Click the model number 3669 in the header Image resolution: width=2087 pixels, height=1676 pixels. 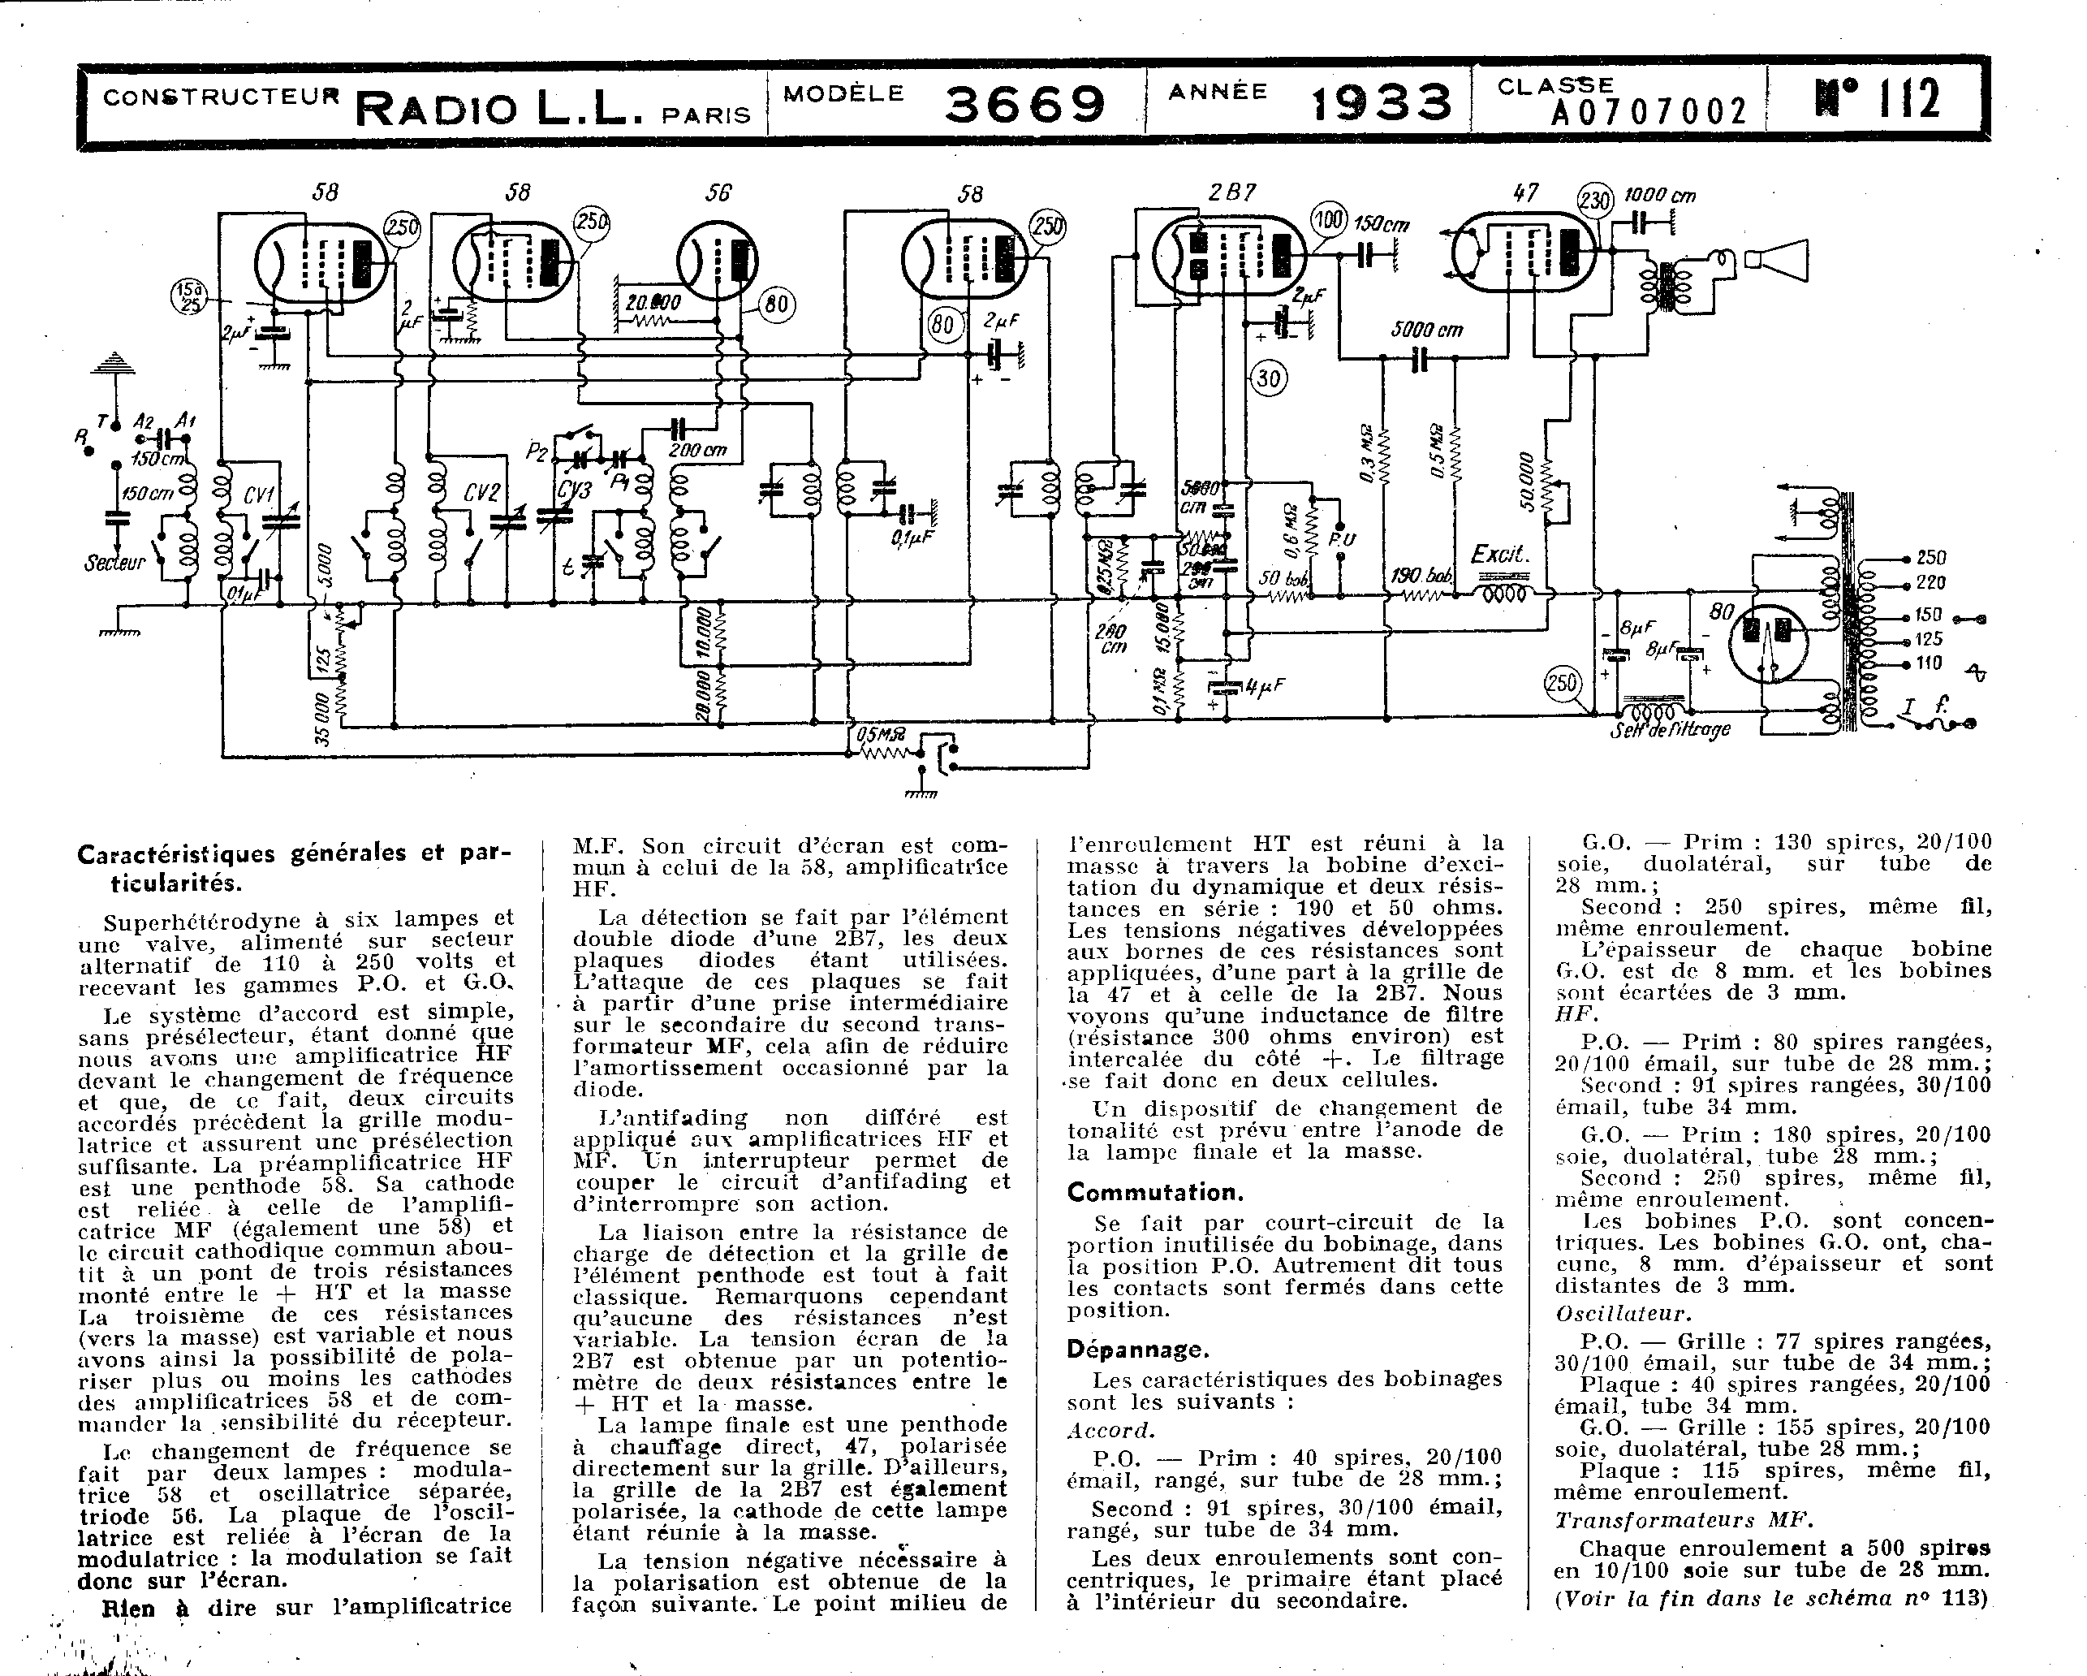[1024, 105]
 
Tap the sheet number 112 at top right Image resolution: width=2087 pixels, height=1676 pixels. [1877, 100]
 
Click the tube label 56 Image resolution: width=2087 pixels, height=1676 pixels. [718, 192]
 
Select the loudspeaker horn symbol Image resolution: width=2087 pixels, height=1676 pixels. [1776, 260]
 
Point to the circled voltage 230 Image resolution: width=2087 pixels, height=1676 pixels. [1595, 201]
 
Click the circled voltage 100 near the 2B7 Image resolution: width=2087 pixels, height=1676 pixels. [1328, 220]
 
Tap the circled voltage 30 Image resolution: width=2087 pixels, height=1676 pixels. [1268, 378]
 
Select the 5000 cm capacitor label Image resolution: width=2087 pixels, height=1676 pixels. [1427, 330]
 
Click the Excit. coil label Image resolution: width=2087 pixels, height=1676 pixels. [1500, 555]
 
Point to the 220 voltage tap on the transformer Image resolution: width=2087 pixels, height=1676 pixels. [1930, 583]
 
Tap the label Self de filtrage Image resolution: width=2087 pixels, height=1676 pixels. [1670, 730]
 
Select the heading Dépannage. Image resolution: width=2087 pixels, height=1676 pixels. [1137, 1349]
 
